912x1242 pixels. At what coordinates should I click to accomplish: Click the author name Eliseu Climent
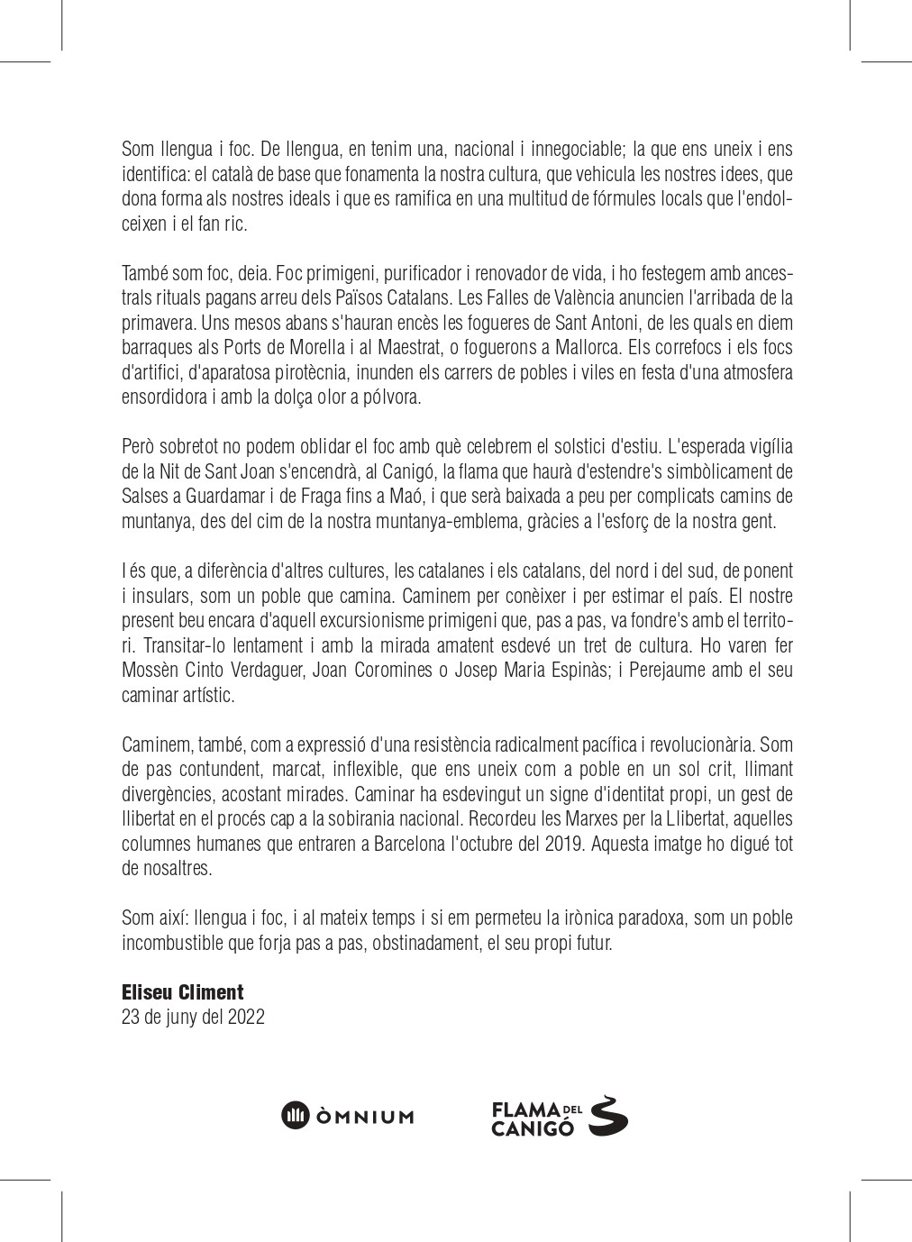tap(182, 992)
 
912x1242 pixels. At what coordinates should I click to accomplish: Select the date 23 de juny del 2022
tap(193, 1018)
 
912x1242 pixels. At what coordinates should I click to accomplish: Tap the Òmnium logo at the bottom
tap(348, 1115)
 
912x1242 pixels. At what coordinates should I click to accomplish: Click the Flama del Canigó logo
tap(559, 1117)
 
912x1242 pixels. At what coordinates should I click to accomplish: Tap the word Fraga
tap(325, 496)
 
